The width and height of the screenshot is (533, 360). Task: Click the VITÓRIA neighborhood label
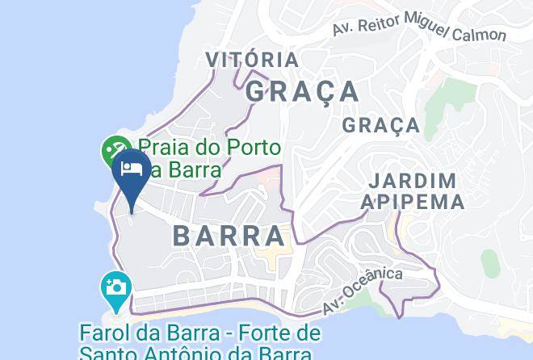251,60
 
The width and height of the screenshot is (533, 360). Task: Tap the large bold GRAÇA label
302,91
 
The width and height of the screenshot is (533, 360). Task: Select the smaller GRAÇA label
380,125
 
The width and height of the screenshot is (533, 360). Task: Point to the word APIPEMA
412,201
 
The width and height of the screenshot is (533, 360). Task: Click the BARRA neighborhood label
229,236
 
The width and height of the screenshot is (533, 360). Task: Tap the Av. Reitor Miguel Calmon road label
419,30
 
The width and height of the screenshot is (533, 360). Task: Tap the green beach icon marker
114,151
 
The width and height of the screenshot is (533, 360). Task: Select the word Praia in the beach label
168,148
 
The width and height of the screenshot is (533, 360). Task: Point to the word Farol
107,333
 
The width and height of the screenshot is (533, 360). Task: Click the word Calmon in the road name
479,34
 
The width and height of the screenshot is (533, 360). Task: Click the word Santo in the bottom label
107,354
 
